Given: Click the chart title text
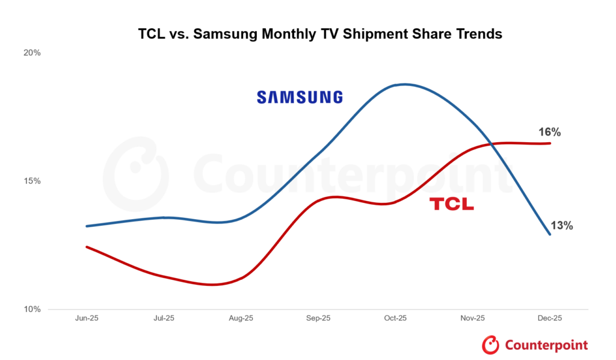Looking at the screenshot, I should click(320, 34).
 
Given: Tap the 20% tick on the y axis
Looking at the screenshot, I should click(32, 53).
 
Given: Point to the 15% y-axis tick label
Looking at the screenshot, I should click(32, 181).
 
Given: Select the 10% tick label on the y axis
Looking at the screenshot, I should click(32, 309).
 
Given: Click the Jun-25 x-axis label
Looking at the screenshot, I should click(87, 318).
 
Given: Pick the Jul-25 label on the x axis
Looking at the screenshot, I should click(164, 318).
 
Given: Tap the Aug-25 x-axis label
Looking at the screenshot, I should click(241, 318).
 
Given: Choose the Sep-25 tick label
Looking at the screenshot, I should click(318, 318).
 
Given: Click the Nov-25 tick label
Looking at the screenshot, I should click(472, 318).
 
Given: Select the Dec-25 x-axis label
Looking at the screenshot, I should click(549, 318).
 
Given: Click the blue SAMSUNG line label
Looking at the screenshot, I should click(300, 97).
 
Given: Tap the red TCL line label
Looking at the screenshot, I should click(452, 204).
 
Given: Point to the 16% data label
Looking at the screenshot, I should click(550, 132).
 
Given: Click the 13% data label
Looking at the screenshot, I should click(562, 226).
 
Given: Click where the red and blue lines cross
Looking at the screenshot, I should click(491, 144).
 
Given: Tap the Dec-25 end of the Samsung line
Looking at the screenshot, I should click(550, 234).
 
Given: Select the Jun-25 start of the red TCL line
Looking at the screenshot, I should click(87, 247).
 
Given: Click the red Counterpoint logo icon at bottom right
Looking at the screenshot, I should click(491, 345).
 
